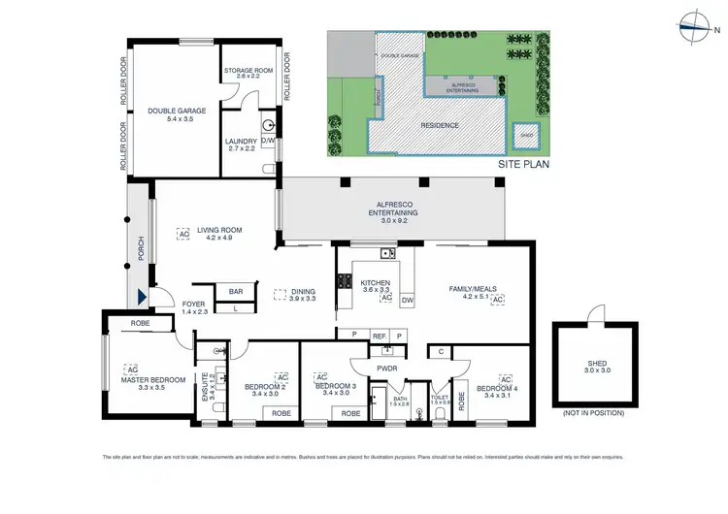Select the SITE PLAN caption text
pos(523,164)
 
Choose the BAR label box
pos(236,291)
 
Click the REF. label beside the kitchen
pos(381,335)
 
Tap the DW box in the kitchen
pos(408,301)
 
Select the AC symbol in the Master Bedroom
pos(132,369)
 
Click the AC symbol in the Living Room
pos(182,233)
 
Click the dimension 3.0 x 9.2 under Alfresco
pos(392,220)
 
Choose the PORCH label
pos(142,249)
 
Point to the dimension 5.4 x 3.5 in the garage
pos(167,118)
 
